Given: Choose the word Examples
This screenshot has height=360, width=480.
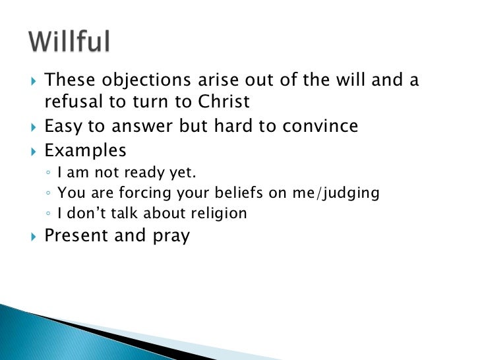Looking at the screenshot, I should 84,150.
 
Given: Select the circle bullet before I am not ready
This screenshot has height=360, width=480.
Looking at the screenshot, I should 49,174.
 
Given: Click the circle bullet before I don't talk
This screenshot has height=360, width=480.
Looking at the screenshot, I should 49,214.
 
